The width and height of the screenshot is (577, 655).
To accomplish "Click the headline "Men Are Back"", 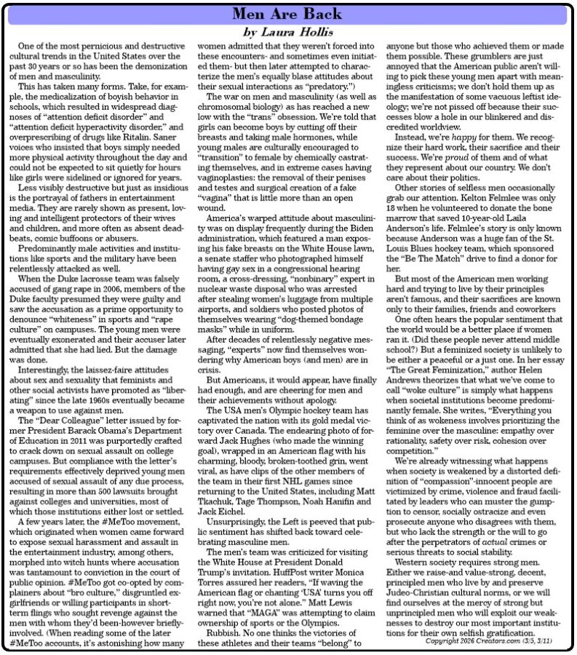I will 288,14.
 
